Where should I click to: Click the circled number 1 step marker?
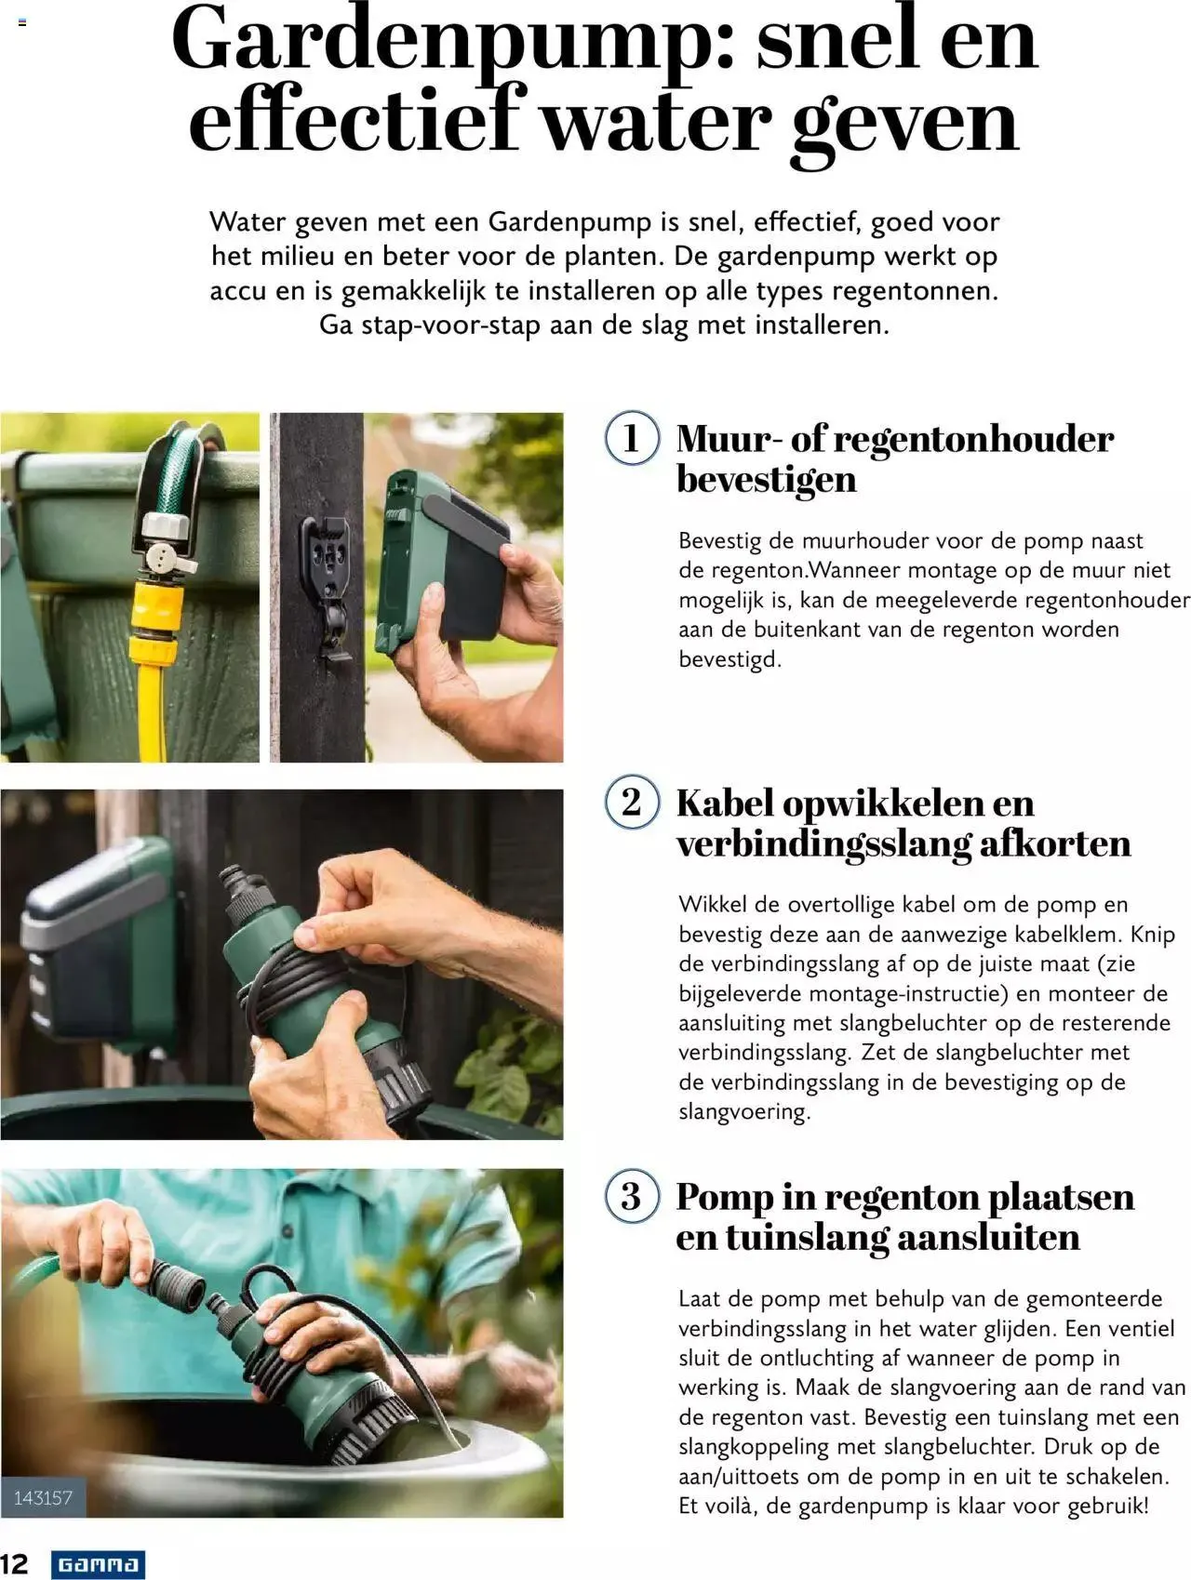point(632,438)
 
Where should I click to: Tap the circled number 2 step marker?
point(632,802)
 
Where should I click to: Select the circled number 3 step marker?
point(632,1196)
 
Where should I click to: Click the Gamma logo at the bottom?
point(98,1564)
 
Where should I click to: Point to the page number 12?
point(15,1563)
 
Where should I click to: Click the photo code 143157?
point(43,1498)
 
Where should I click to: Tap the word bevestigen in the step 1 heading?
point(766,480)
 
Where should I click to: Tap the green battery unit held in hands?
point(442,558)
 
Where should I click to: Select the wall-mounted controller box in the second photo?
point(98,939)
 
